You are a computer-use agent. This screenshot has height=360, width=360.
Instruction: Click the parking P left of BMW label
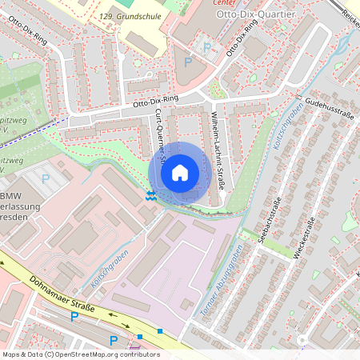point(46,179)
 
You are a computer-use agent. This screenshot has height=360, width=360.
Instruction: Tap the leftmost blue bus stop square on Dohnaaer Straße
point(140,337)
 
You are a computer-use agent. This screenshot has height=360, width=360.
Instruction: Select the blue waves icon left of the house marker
point(150,194)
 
